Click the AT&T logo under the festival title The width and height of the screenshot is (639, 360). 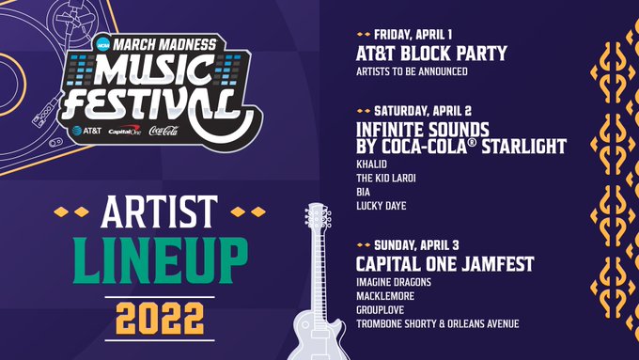point(88,131)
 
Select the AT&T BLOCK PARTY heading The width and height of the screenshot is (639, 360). point(431,53)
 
